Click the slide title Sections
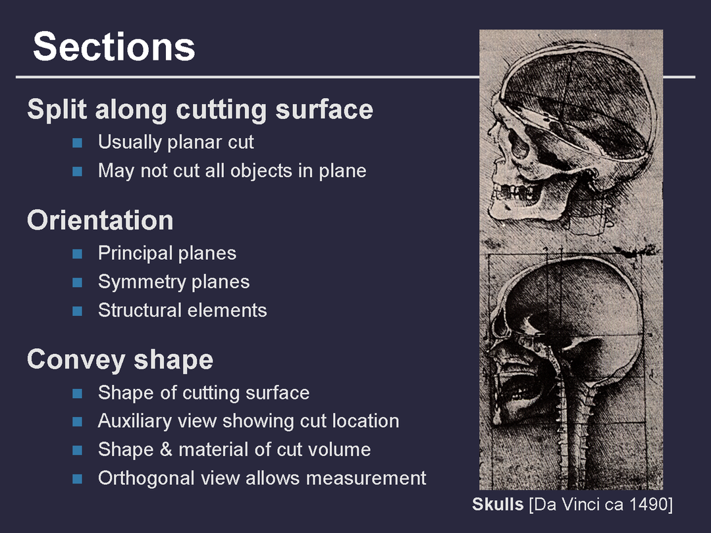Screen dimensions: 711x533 point(114,47)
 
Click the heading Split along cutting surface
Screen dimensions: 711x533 point(200,109)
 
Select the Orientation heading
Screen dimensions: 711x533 point(100,220)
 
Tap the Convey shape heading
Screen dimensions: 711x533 point(120,360)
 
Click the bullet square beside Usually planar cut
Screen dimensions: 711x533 point(77,143)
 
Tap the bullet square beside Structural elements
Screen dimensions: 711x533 point(77,311)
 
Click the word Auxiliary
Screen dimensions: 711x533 point(135,421)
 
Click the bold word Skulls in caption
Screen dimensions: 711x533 point(498,504)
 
